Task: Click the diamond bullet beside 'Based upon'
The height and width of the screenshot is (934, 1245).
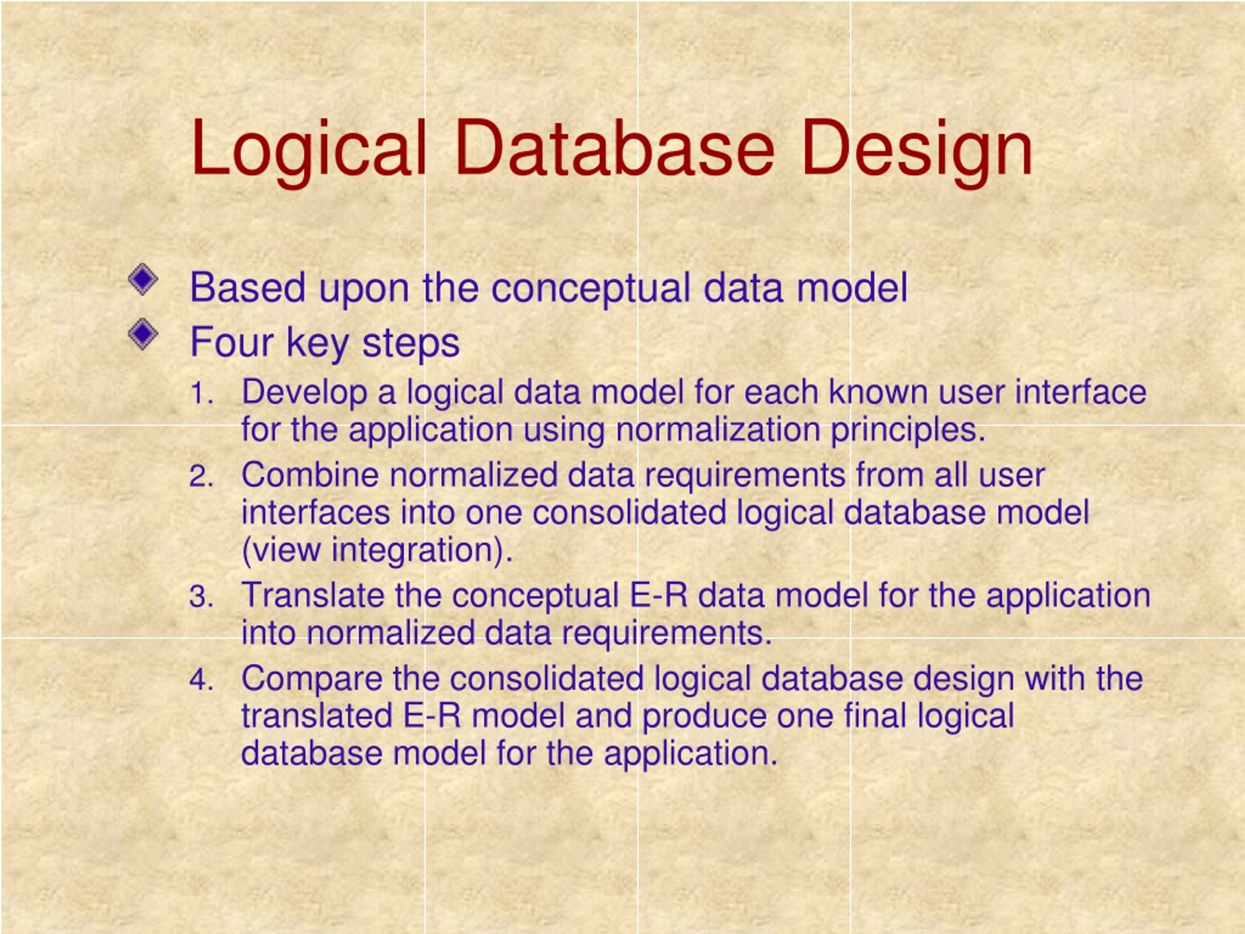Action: tap(143, 279)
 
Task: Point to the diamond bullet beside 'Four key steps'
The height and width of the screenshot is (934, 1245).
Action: tap(143, 334)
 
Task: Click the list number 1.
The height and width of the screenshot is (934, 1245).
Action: tap(201, 393)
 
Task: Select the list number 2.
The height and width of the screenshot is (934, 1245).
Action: tap(201, 476)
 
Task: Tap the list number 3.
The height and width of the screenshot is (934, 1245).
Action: tap(201, 597)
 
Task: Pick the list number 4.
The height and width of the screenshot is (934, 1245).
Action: tap(201, 680)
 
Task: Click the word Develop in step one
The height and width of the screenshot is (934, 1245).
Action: tap(304, 393)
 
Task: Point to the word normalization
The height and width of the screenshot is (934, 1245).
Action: tap(718, 430)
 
